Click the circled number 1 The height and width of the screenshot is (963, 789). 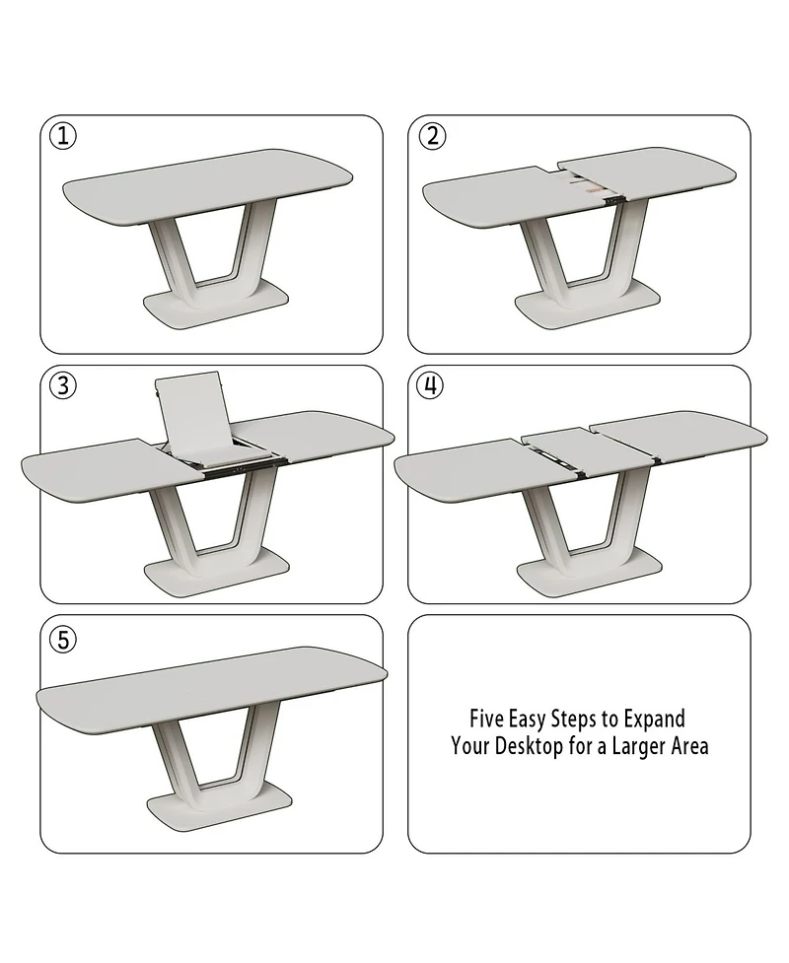(62, 136)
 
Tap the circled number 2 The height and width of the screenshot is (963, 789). (432, 136)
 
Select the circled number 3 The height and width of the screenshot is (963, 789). (62, 385)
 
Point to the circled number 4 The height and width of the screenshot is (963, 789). (430, 385)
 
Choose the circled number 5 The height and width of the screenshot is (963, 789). (62, 639)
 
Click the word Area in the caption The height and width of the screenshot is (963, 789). (689, 746)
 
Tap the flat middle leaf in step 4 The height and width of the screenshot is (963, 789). (556, 449)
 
